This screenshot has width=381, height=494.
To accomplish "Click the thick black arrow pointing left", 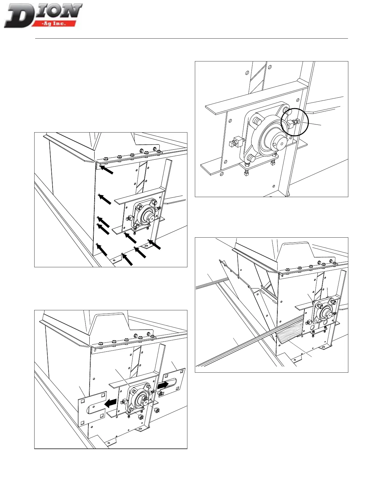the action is (111, 403).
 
